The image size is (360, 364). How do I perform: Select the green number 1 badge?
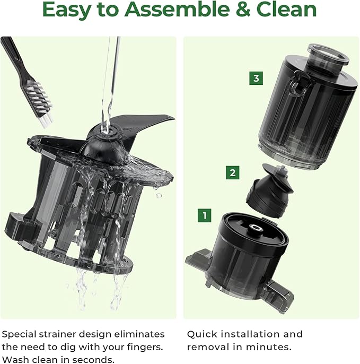(205, 215)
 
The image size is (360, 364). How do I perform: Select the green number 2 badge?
(232, 172)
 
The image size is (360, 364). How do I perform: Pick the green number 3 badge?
(256, 79)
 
